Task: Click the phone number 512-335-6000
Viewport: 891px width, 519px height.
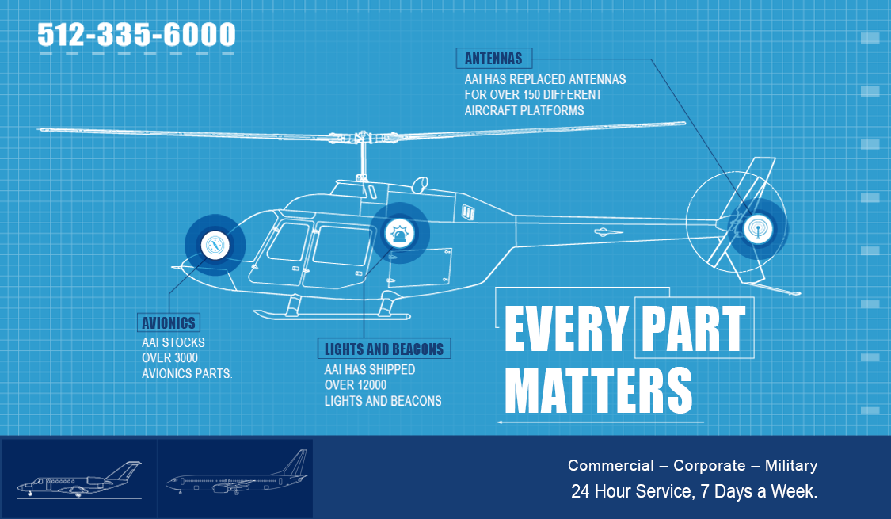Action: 136,35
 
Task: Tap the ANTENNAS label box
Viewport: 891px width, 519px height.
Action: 493,58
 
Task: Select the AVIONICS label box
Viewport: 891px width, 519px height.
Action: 168,322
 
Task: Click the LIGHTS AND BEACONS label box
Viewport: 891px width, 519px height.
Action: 383,349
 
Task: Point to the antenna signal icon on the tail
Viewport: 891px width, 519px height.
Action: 758,229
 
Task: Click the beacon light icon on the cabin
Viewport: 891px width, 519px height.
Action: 399,233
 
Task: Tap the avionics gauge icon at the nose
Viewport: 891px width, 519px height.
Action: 215,245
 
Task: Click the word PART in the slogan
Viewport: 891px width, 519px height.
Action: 694,329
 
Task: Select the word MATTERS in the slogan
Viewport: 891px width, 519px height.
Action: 599,391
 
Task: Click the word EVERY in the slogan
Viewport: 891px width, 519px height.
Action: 566,329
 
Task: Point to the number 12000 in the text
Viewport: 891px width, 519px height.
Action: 371,385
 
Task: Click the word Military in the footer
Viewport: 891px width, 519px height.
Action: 791,466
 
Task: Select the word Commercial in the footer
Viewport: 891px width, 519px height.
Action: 611,466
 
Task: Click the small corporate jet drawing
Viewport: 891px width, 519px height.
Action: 79,480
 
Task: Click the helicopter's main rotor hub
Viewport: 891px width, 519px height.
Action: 361,138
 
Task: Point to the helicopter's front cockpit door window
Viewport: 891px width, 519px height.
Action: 288,242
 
